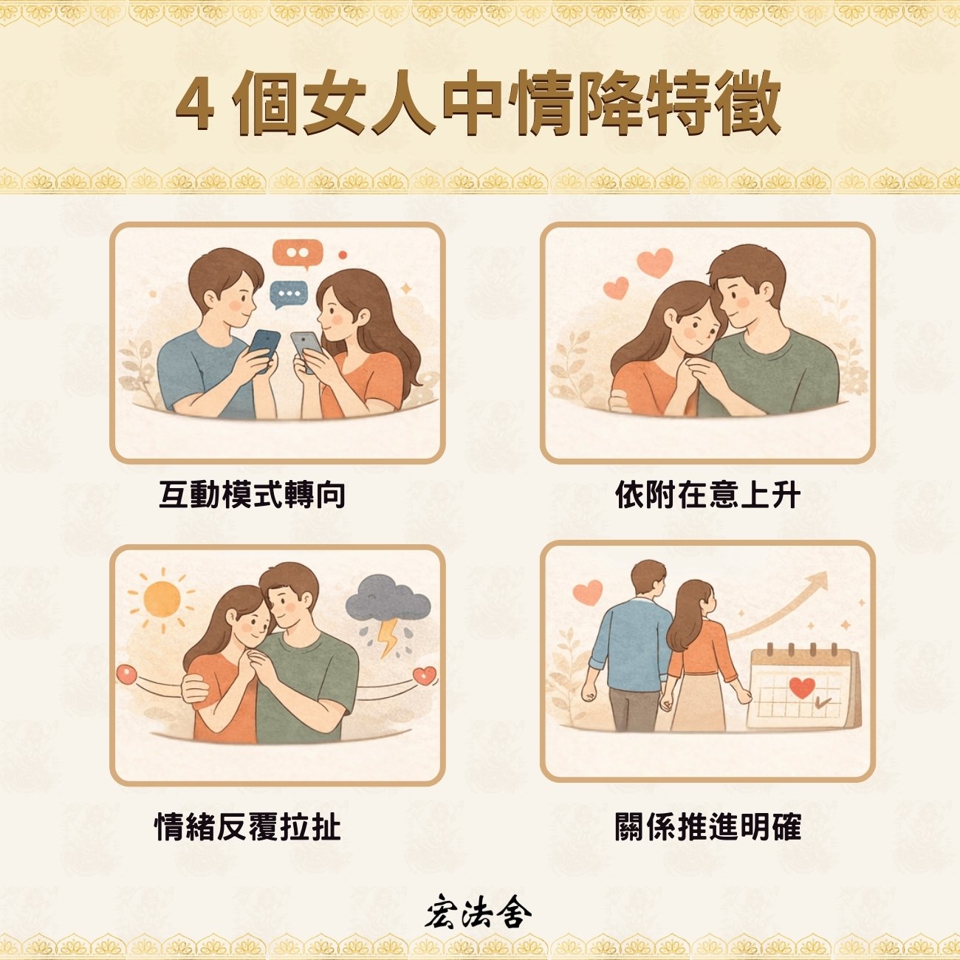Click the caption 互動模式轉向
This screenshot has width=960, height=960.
pyautogui.click(x=252, y=495)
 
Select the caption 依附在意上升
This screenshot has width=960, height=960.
pyautogui.click(x=707, y=495)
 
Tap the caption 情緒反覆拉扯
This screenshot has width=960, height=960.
pyautogui.click(x=247, y=826)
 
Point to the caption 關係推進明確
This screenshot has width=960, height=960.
pyautogui.click(x=707, y=826)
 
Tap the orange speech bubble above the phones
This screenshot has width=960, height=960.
pyautogui.click(x=297, y=253)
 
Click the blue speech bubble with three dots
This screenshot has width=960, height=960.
pyautogui.click(x=289, y=295)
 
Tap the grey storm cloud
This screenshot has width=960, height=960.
pyautogui.click(x=388, y=599)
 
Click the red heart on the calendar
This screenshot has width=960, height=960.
pyautogui.click(x=801, y=688)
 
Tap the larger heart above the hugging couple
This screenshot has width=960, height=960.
pyautogui.click(x=655, y=262)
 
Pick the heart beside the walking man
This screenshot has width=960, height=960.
pyautogui.click(x=588, y=592)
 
